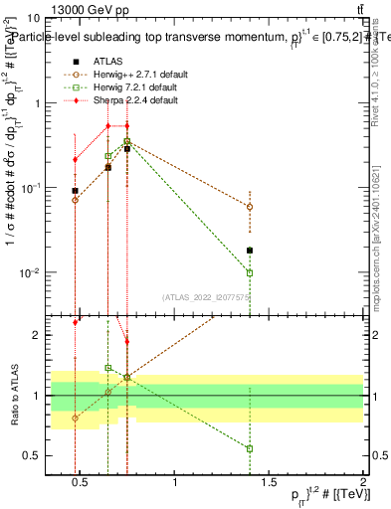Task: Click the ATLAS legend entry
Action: (x=106, y=61)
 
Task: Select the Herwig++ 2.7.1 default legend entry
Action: (x=134, y=74)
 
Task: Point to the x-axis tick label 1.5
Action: (x=270, y=483)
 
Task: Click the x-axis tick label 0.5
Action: (x=82, y=483)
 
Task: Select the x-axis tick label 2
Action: (x=363, y=483)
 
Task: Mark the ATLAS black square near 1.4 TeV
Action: (x=250, y=251)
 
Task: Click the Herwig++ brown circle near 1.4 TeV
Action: (x=250, y=207)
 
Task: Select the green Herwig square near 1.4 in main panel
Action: (x=250, y=272)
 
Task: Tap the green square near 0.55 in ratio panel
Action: (x=250, y=448)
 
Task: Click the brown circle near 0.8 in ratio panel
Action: (x=76, y=419)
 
